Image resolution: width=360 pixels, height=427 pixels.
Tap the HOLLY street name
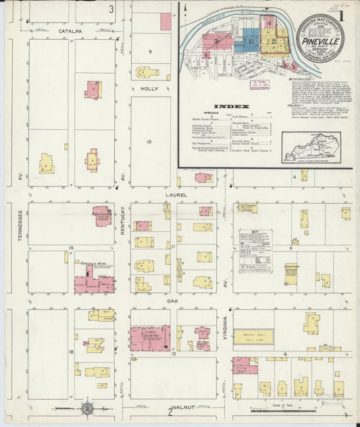click(x=148, y=89)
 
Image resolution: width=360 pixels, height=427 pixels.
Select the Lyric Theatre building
click(x=149, y=336)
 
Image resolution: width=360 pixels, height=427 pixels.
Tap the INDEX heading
click(x=231, y=106)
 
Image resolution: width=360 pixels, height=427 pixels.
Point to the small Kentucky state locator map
click(x=311, y=146)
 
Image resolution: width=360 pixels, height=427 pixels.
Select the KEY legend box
click(x=255, y=250)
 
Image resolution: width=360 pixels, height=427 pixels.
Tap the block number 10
click(x=150, y=141)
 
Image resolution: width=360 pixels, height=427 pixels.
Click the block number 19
click(x=70, y=249)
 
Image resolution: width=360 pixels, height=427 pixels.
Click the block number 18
click(x=70, y=352)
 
